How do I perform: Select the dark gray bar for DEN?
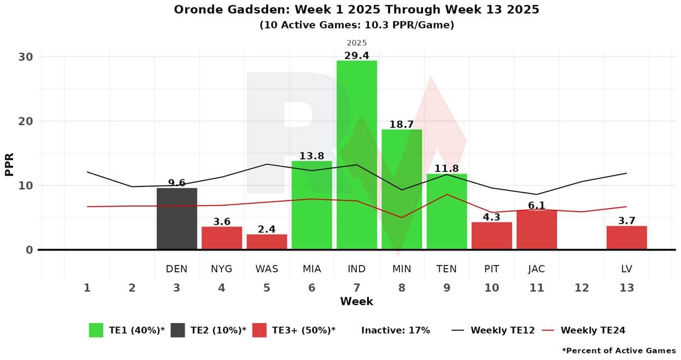pos(177,219)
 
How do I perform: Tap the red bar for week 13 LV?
pos(626,238)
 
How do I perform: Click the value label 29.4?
pos(356,56)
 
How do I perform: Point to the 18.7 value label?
pos(401,124)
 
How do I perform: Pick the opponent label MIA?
pos(312,269)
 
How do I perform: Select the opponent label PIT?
pos(492,269)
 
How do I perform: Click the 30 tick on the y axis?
pos(26,57)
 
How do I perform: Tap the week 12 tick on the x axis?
pos(582,287)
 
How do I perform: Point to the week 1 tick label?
pos(87,287)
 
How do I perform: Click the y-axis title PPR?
pos(9,164)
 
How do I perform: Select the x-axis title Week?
pos(356,302)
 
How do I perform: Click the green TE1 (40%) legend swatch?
pos(96,330)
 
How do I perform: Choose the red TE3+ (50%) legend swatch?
pos(260,330)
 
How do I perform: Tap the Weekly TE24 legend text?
pos(593,330)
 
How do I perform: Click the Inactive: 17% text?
pos(396,330)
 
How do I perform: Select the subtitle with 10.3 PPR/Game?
pos(356,25)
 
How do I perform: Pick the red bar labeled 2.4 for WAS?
pos(267,242)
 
